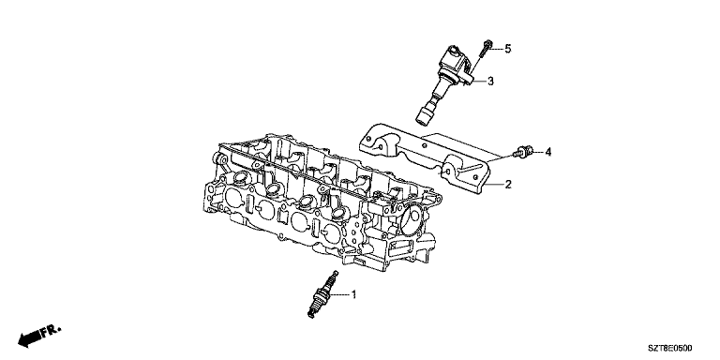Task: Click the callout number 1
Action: (x=353, y=294)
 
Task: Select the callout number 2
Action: (x=508, y=185)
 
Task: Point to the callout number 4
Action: (x=547, y=152)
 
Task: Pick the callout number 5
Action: (x=508, y=48)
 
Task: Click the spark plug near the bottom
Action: (x=322, y=294)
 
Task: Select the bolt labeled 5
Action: (x=486, y=49)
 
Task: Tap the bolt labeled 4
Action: (x=523, y=152)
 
